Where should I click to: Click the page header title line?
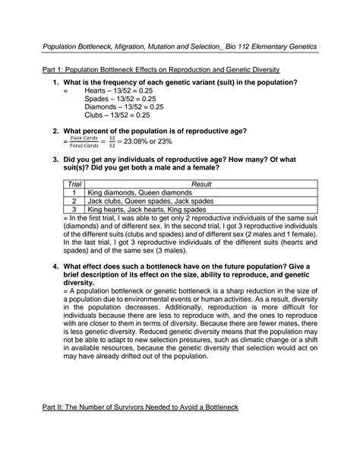point(179,46)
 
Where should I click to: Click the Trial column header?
point(74,185)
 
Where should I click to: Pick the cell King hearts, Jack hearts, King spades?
point(146,210)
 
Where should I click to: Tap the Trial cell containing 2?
point(74,201)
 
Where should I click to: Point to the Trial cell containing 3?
point(74,210)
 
